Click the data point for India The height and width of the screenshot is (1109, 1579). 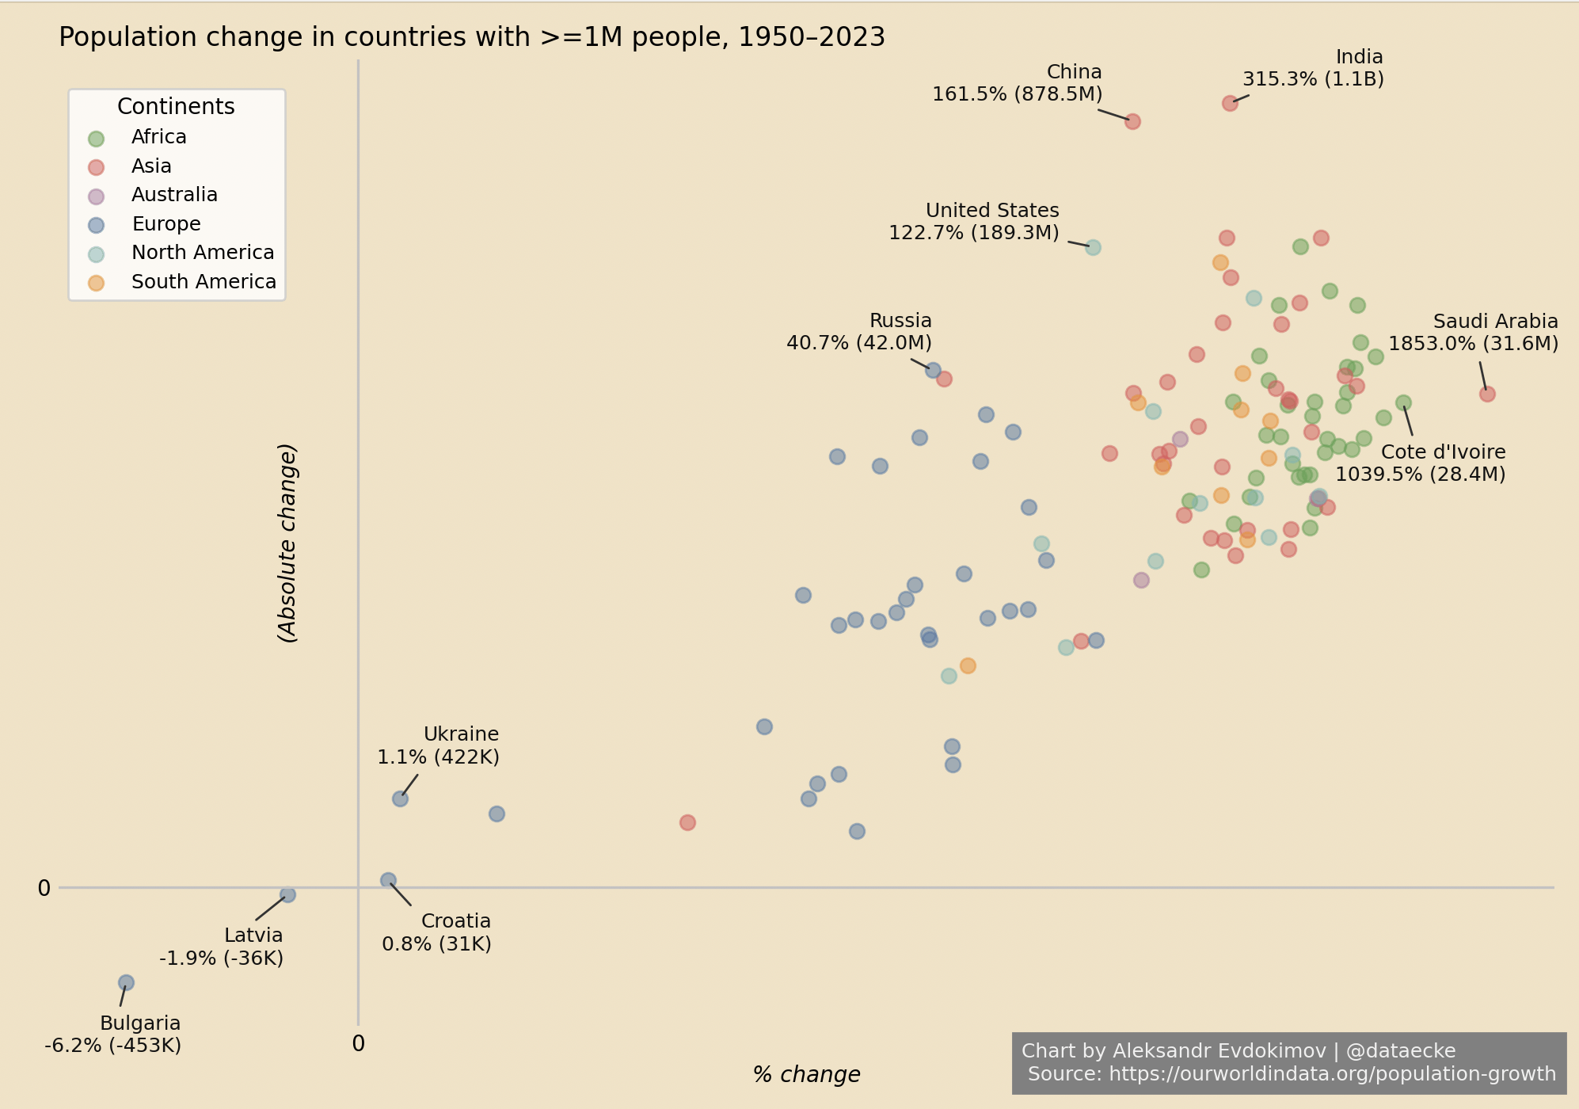click(1230, 103)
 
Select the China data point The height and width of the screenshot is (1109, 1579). click(1132, 121)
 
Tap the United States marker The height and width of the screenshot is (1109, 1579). click(1093, 247)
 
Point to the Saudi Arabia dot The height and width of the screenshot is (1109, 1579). click(1487, 394)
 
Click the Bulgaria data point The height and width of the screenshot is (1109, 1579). click(126, 982)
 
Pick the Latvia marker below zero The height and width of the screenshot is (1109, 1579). click(287, 894)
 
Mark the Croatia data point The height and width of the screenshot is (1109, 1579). click(388, 880)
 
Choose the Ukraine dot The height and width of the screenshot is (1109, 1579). click(400, 798)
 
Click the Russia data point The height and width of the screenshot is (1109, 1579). click(933, 370)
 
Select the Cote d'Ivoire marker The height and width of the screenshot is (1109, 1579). click(1403, 402)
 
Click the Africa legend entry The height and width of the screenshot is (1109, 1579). click(158, 137)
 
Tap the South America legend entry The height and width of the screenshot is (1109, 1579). click(204, 282)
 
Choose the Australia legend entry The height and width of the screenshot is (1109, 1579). click(174, 195)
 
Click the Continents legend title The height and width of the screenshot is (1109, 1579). click(176, 107)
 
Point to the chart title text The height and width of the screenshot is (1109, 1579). click(472, 37)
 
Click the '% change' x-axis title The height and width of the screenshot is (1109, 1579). click(806, 1075)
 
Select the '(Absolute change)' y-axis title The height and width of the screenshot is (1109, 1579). click(287, 543)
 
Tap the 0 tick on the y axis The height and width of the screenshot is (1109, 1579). click(44, 889)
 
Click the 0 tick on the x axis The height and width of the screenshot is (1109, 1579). click(359, 1044)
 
